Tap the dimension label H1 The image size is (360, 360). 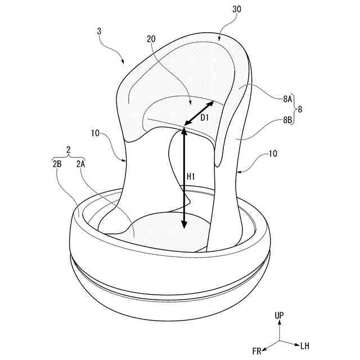coord(191,176)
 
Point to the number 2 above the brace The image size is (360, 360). coord(68,151)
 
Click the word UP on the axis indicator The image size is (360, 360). coord(280,316)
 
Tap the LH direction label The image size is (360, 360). coord(304,345)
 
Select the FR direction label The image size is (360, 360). coord(257,351)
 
